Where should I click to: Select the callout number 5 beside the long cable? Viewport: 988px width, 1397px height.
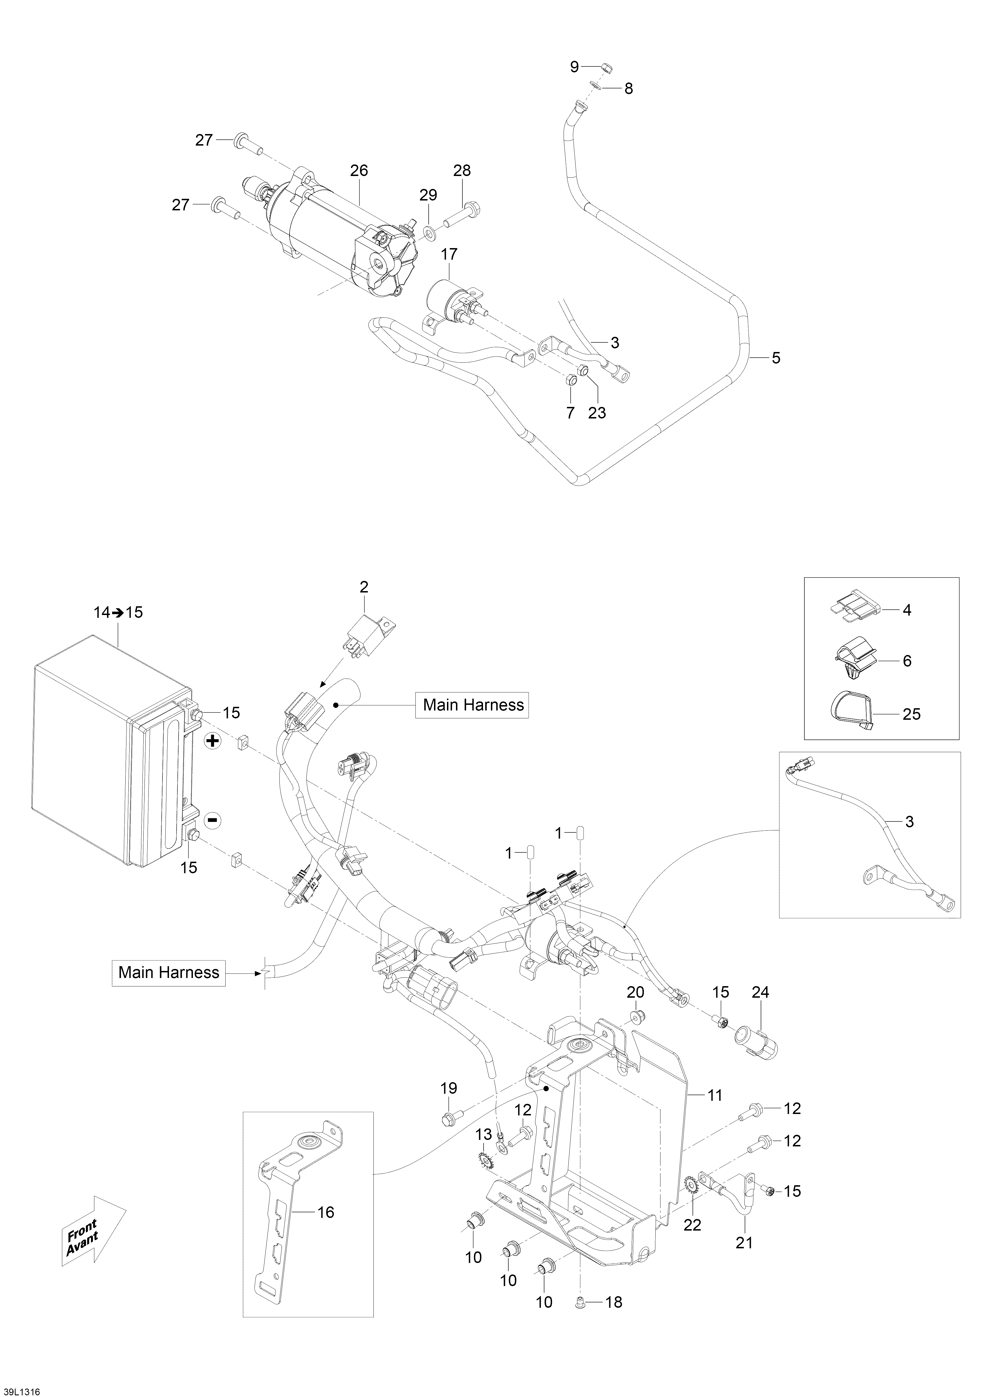(776, 358)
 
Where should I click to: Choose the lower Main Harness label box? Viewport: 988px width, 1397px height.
(168, 972)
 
